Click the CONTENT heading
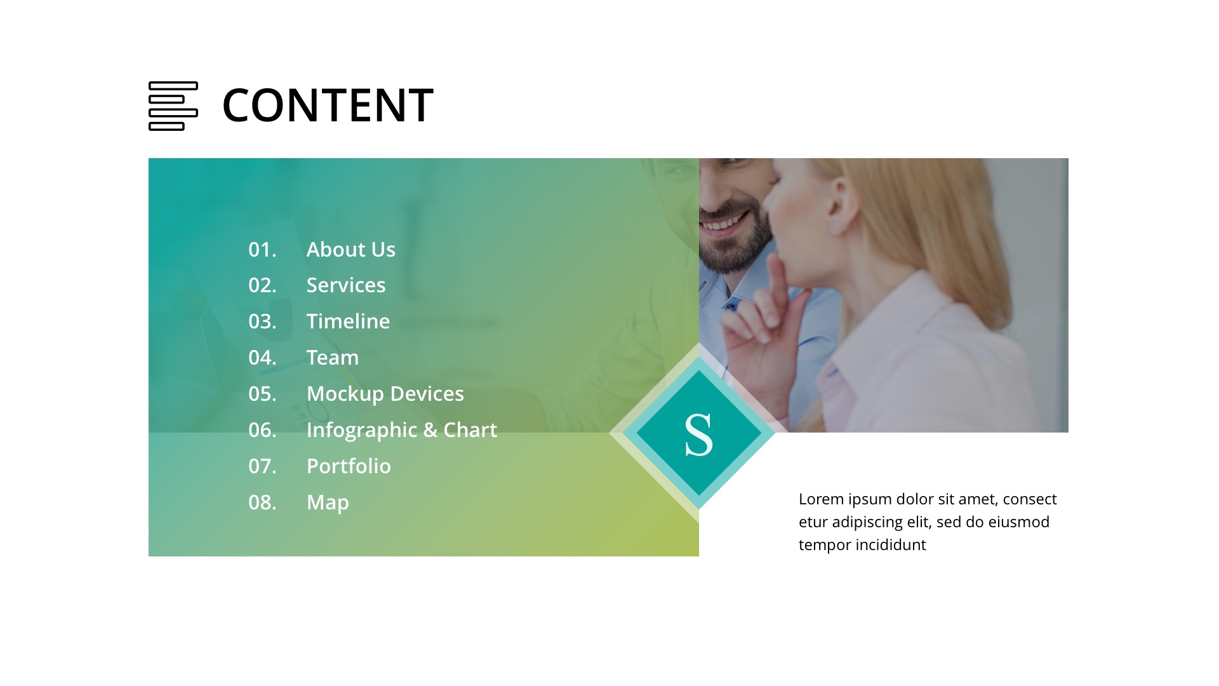point(328,105)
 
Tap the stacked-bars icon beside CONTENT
point(173,106)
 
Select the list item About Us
point(350,250)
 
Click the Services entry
point(345,285)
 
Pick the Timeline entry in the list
point(348,321)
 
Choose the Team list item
point(332,358)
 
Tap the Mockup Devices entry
point(385,394)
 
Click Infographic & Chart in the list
point(401,430)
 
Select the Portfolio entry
point(349,466)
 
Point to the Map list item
point(328,502)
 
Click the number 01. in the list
point(262,250)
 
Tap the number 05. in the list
point(262,394)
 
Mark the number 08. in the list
point(262,502)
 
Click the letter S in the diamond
point(698,434)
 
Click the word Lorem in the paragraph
point(821,499)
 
